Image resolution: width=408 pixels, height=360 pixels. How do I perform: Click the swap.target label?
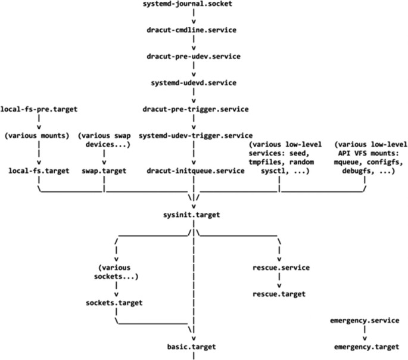pos(104,171)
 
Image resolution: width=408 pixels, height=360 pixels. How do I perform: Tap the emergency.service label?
pos(364,321)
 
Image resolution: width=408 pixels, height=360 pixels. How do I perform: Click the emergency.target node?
pos(364,347)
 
